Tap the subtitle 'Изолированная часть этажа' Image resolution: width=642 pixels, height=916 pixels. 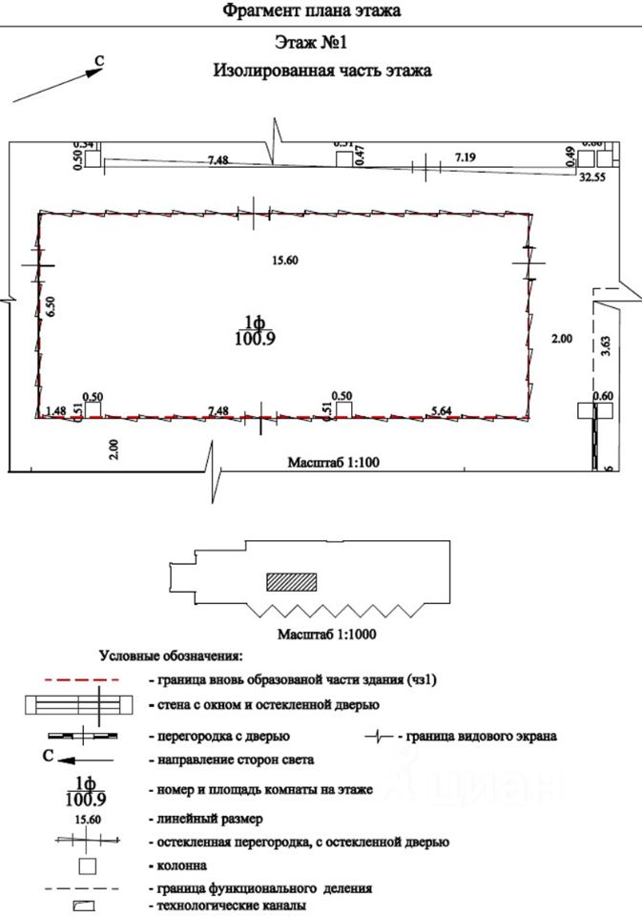tap(322, 71)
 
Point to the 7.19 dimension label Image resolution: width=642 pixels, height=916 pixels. tap(466, 155)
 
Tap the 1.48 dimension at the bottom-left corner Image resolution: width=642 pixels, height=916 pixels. tap(55, 410)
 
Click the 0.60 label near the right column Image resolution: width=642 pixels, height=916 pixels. tap(602, 397)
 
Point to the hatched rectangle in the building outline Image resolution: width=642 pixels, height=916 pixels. tap(290, 581)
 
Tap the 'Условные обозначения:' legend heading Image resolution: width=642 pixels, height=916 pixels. tap(172, 656)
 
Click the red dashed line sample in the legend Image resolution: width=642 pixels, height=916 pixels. tap(81, 680)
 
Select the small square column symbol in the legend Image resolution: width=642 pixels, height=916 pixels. tap(88, 866)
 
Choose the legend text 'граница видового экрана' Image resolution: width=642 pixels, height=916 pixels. tap(481, 737)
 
